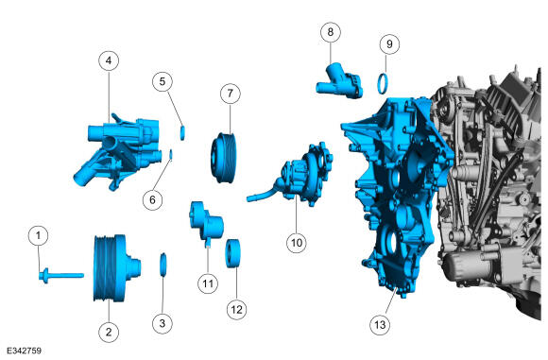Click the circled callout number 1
(x=38, y=236)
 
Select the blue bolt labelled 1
(x=60, y=275)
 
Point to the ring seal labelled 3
(x=163, y=265)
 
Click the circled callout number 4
(x=109, y=60)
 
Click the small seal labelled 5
(x=182, y=133)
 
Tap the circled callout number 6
(x=152, y=200)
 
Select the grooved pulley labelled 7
(x=224, y=158)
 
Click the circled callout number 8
(x=331, y=32)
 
